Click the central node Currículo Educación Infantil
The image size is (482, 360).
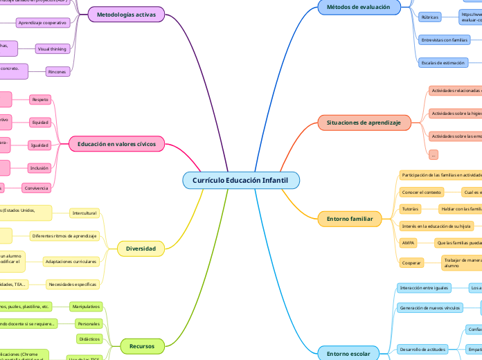[241, 180]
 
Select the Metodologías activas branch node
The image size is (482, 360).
[126, 14]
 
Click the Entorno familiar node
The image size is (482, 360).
[350, 219]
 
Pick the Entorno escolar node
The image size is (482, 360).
[348, 354]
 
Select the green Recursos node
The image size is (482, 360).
[137, 345]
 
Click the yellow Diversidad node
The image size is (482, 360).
[141, 249]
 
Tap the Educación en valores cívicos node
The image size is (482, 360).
[116, 144]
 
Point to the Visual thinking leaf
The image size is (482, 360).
[53, 49]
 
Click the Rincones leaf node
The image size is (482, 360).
[57, 71]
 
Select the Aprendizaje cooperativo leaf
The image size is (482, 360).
[42, 23]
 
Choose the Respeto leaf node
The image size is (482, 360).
[40, 100]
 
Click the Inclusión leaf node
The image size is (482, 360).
[39, 168]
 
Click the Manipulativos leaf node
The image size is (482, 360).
[86, 306]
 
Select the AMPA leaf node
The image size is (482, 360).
[409, 243]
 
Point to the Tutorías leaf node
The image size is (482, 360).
[411, 208]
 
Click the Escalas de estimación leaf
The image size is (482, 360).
[443, 63]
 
